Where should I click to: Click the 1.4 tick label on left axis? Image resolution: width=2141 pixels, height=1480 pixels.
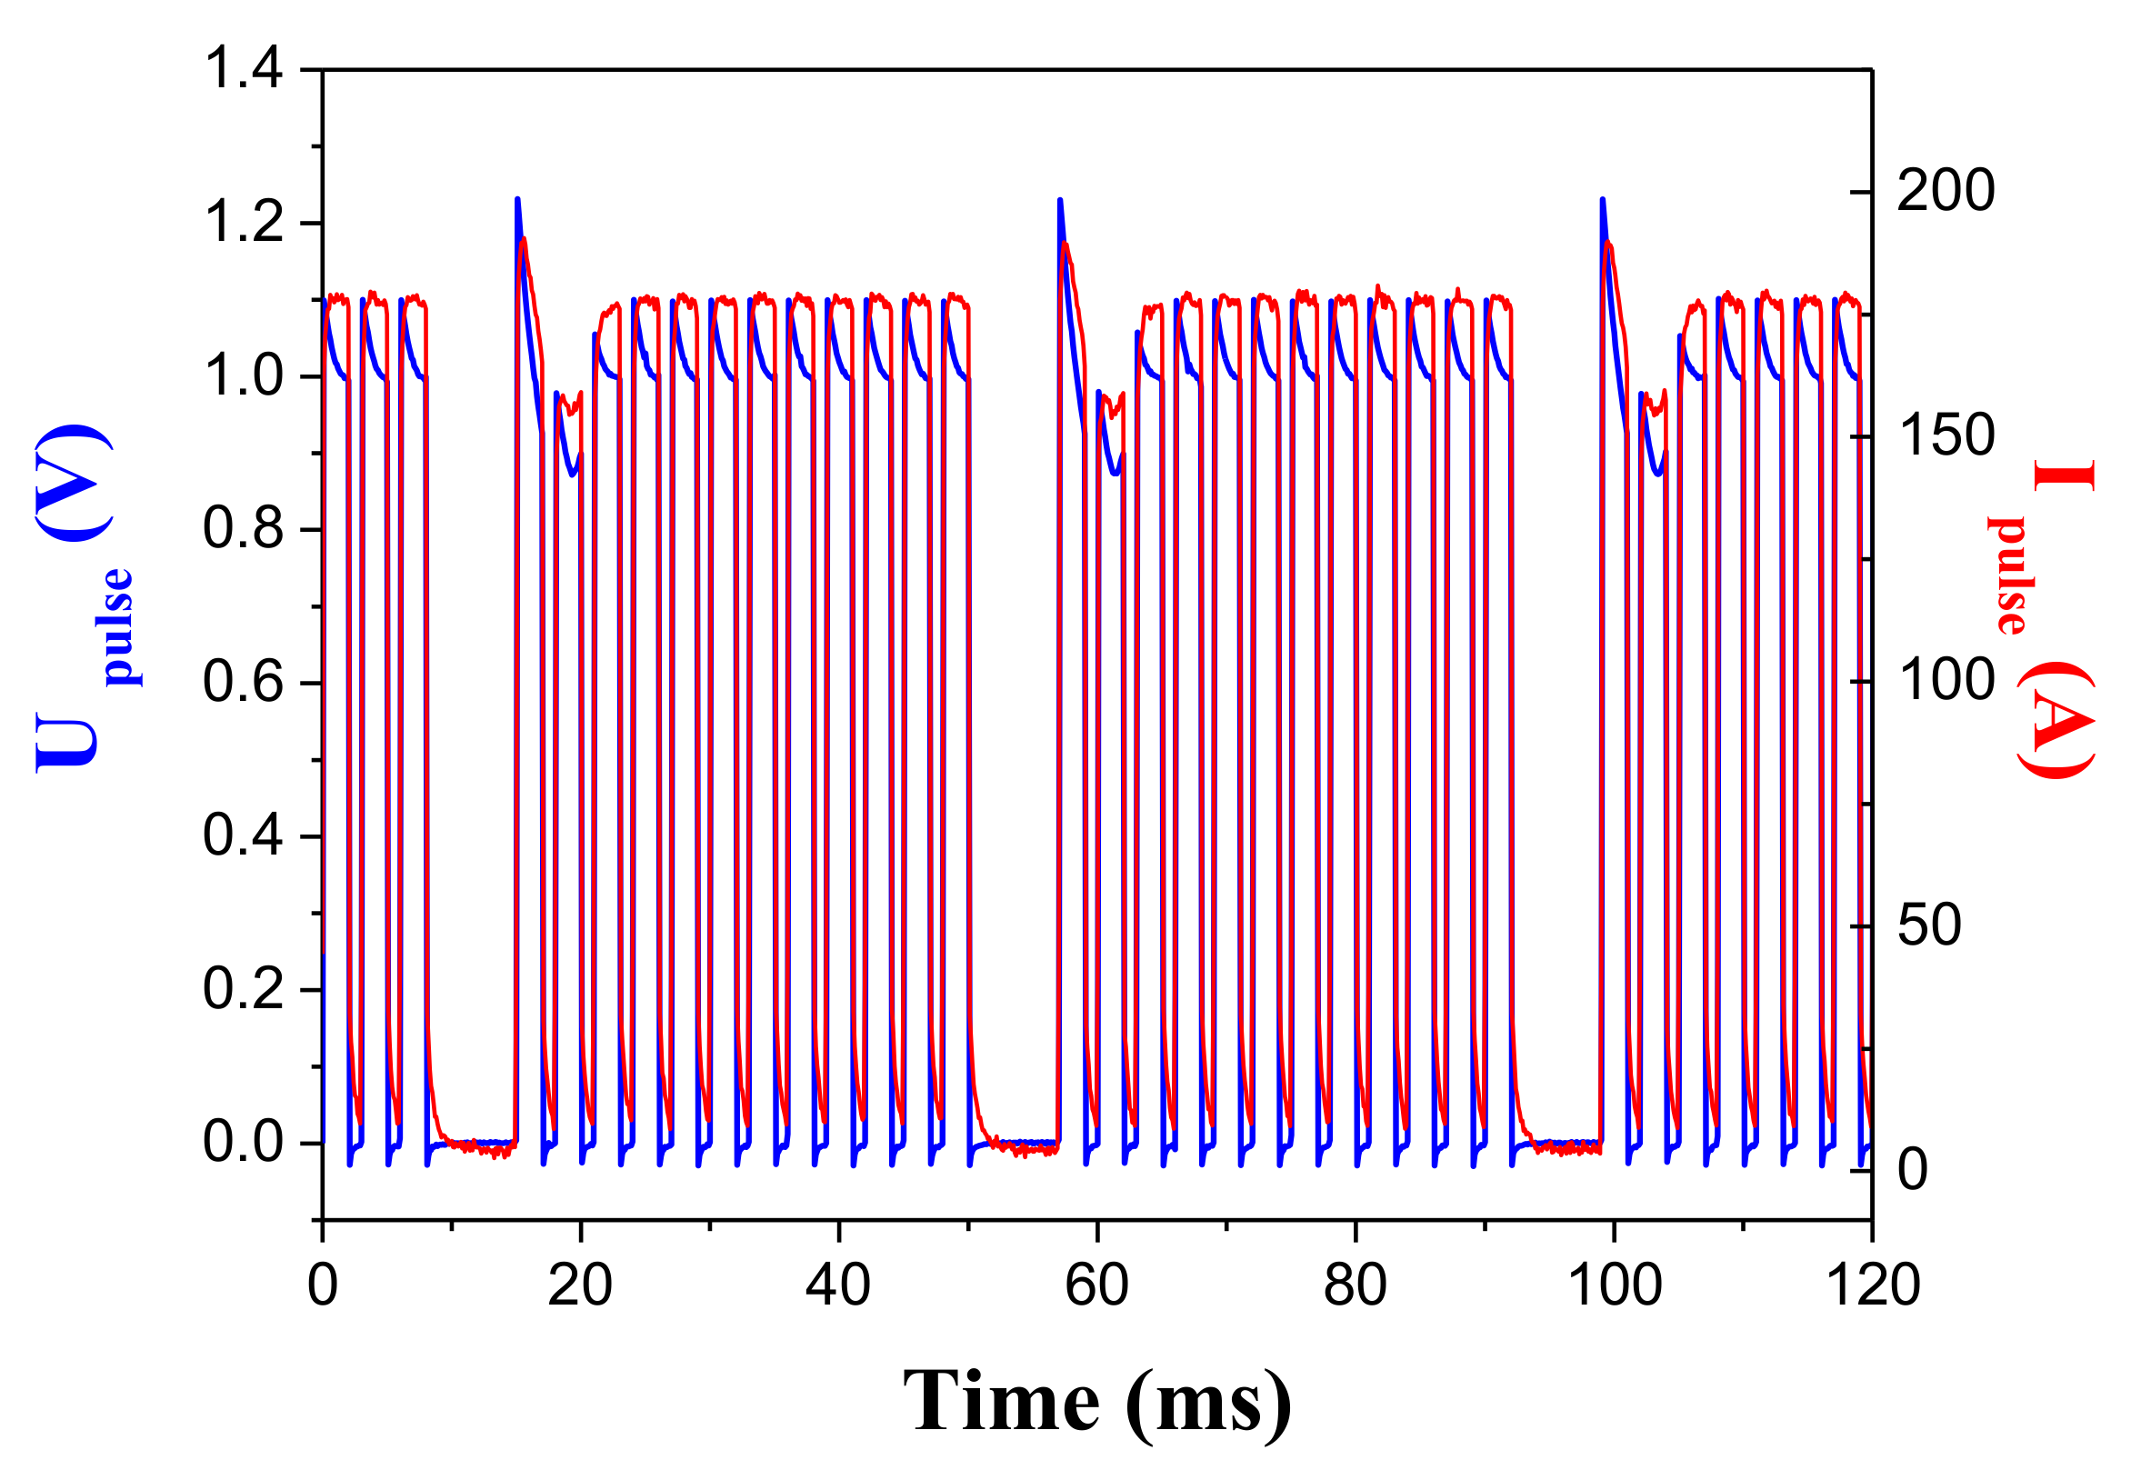[243, 70]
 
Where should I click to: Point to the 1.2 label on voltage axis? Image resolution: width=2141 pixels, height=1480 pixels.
[243, 224]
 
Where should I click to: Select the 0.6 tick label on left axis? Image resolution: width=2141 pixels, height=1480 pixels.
[243, 683]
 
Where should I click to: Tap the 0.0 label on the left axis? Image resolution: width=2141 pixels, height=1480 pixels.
[243, 1142]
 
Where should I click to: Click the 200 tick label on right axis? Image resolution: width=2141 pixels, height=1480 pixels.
[1945, 191]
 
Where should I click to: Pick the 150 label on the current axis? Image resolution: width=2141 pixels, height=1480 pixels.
[1945, 435]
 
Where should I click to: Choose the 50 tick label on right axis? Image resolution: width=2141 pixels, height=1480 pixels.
[1928, 925]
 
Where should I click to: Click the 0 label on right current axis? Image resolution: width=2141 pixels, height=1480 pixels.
[1913, 1169]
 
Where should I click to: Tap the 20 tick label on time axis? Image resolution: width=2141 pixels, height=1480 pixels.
[579, 1285]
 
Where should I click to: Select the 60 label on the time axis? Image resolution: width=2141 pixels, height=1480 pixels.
[1097, 1285]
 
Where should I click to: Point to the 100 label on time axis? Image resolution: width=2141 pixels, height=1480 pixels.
[1615, 1285]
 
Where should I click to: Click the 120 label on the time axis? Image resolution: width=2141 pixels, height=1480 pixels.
[1872, 1285]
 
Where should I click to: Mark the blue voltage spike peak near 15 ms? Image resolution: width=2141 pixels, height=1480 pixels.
[517, 200]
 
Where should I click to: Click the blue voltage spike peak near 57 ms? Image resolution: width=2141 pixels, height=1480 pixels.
[1060, 201]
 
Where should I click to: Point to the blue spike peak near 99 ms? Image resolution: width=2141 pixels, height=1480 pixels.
[1602, 200]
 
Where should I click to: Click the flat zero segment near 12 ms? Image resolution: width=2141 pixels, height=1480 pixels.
[477, 1143]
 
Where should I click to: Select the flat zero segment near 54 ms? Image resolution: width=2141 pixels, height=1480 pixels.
[1020, 1143]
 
